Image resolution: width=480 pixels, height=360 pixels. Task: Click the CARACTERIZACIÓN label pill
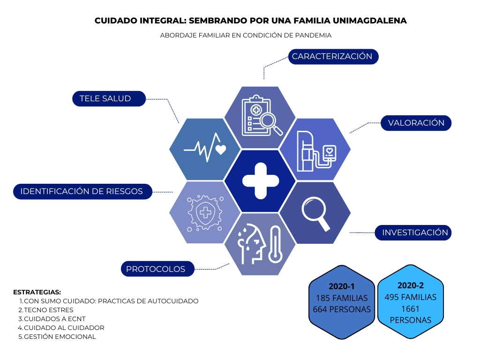(x=333, y=57)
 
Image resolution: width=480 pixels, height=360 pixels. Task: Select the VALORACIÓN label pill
(x=416, y=123)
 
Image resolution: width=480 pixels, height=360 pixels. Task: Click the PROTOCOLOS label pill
(x=157, y=269)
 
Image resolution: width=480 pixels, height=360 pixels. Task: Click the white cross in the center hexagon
(x=261, y=181)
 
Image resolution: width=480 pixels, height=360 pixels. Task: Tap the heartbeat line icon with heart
(x=205, y=148)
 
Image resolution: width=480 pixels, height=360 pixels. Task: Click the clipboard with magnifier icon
(x=262, y=116)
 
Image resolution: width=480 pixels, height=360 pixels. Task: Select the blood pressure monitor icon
(x=316, y=151)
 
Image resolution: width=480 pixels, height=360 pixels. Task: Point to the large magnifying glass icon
(x=315, y=213)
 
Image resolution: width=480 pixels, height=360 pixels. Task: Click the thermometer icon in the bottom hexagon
(x=275, y=245)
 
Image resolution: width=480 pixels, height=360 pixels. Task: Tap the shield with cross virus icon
(x=205, y=213)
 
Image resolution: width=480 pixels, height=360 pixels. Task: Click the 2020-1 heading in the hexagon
(x=342, y=286)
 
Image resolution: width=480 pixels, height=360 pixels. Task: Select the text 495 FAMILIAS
(x=411, y=297)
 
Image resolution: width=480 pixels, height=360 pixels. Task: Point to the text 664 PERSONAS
(x=342, y=309)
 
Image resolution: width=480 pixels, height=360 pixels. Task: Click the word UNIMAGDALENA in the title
(x=369, y=21)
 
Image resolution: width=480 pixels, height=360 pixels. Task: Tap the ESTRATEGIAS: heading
(x=37, y=292)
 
